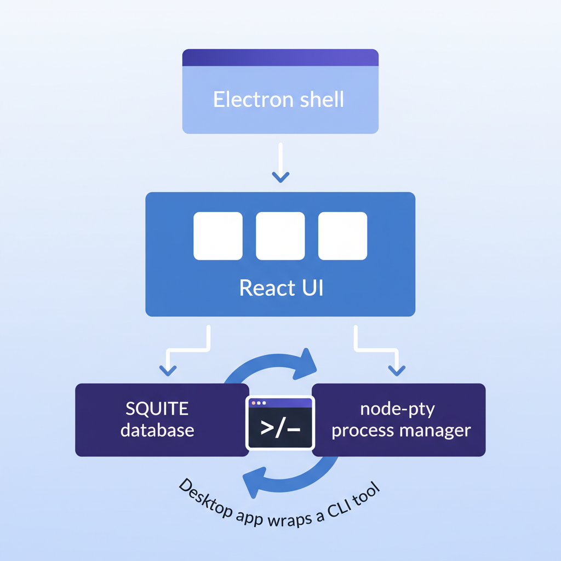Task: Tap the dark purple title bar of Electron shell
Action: (x=280, y=58)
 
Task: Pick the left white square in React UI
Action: (x=218, y=236)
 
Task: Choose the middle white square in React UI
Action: (x=280, y=236)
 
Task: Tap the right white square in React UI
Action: (x=342, y=236)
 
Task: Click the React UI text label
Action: (x=280, y=288)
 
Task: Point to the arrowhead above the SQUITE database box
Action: (x=167, y=371)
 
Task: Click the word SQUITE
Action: (x=157, y=409)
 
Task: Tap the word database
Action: (x=157, y=430)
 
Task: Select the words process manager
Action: (x=401, y=430)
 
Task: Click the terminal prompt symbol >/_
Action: (x=280, y=428)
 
